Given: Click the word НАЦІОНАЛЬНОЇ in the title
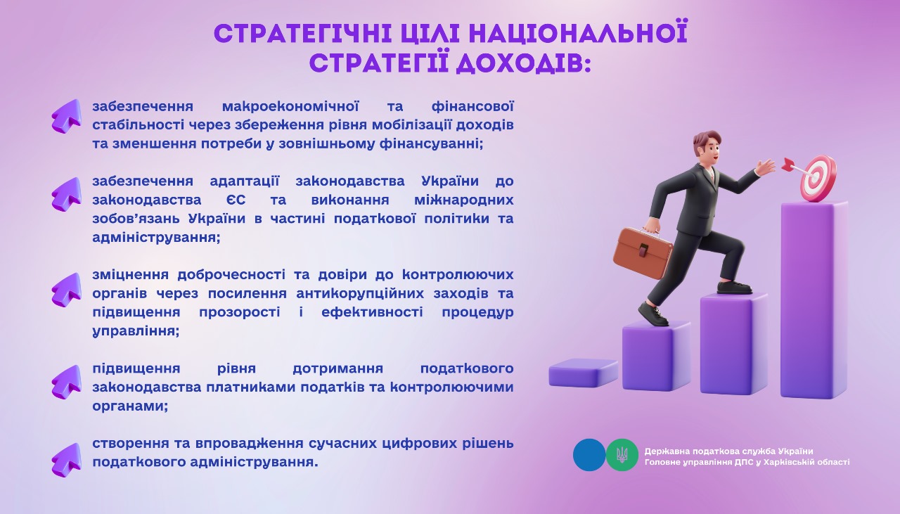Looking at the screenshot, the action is coord(578,33).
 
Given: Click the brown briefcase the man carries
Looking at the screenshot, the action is coord(642,252).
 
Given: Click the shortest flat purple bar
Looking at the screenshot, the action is coord(583,373).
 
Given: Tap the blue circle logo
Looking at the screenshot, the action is coord(589,455).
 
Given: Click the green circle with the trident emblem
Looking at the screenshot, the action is coord(622,455).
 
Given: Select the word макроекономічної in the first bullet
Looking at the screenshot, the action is coord(290,106).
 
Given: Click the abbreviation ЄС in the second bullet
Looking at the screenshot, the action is coord(236,200).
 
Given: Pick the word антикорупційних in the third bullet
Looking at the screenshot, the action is coord(360,294).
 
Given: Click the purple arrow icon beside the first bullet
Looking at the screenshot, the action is coord(66,116).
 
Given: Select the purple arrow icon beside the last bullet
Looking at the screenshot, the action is coord(66,460).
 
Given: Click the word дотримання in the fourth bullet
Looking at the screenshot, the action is coord(338,369).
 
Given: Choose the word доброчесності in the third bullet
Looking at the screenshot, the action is coord(231,275).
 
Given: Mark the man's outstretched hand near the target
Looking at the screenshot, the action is coord(766,167).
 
